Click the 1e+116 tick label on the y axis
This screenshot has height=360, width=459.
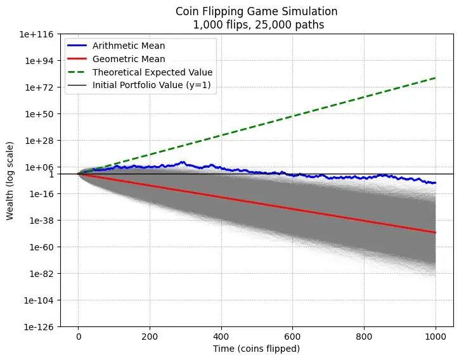tap(42, 34)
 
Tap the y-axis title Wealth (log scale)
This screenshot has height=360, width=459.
tap(10, 181)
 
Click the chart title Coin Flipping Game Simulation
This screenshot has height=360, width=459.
tap(257, 11)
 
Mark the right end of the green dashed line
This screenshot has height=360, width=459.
tap(436, 78)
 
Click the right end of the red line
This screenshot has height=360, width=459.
tap(436, 233)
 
